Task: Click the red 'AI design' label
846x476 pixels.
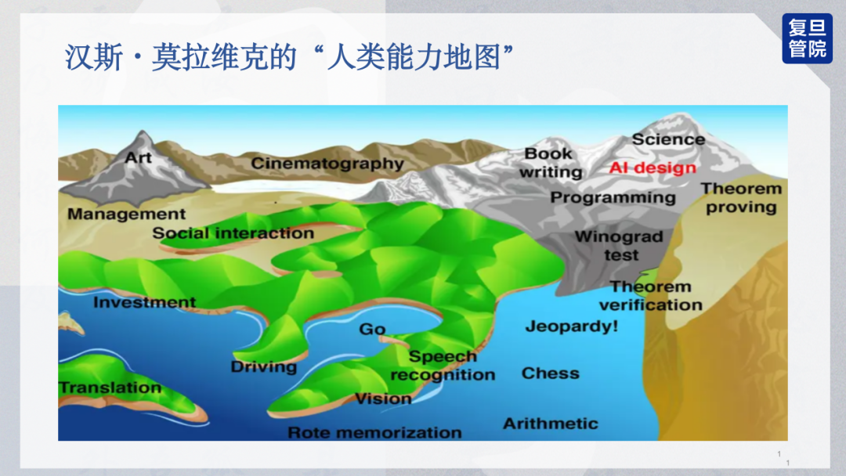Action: (x=653, y=168)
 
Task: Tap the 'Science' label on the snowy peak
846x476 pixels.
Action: (x=668, y=139)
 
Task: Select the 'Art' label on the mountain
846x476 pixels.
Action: (x=138, y=157)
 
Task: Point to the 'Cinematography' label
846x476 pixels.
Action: (x=327, y=164)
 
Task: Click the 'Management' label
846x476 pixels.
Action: (x=126, y=214)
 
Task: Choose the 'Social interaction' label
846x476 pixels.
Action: (x=233, y=233)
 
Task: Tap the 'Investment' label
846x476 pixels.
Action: (x=145, y=302)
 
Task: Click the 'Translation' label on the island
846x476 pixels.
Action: (x=110, y=388)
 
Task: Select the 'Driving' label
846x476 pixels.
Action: (x=264, y=367)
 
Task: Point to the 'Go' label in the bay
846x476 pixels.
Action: (x=372, y=329)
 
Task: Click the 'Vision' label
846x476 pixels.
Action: (x=383, y=399)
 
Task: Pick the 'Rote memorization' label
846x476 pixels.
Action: (x=374, y=432)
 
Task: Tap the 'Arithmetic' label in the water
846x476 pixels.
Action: (x=551, y=424)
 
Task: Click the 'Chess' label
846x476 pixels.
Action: (x=551, y=373)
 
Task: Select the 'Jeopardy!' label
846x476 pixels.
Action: (x=571, y=326)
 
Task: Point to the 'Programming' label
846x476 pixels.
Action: (x=613, y=198)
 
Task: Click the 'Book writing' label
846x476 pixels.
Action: (x=551, y=163)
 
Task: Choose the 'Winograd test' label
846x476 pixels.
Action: (x=620, y=245)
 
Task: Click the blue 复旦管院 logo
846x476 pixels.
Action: (x=807, y=38)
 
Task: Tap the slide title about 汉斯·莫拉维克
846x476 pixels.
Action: (x=289, y=57)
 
